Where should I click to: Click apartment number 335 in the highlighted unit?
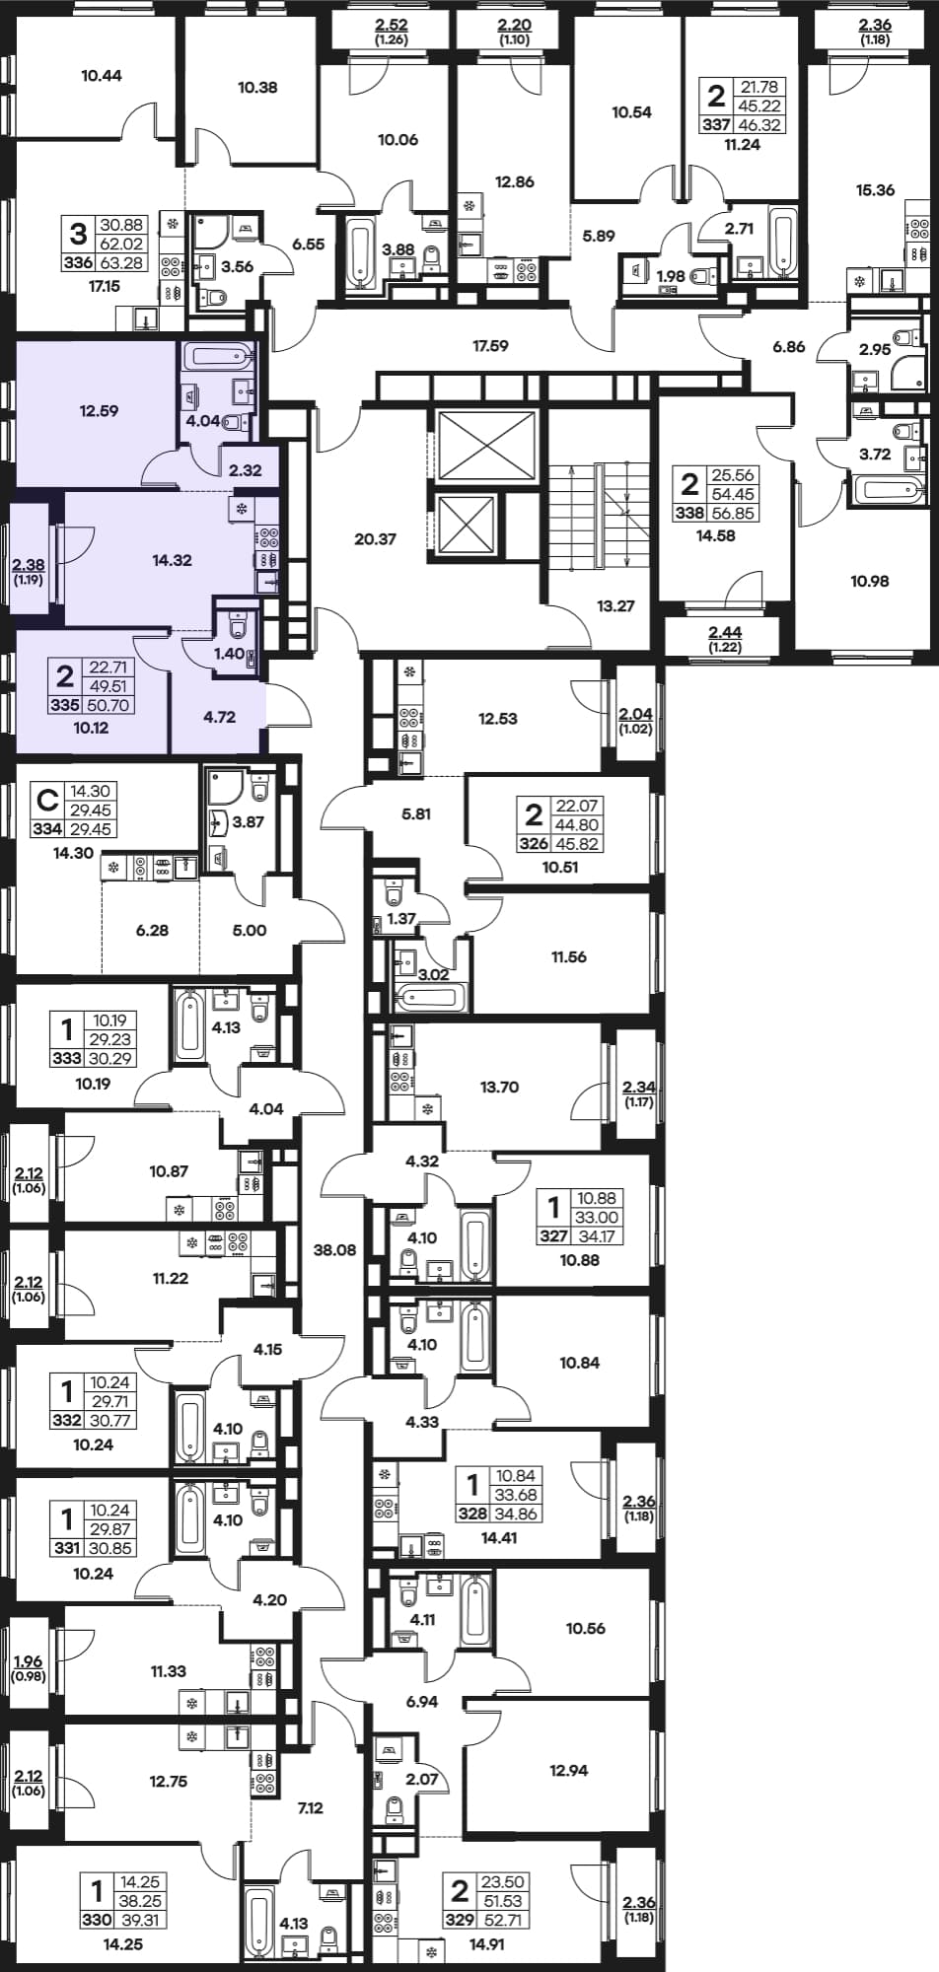click(65, 705)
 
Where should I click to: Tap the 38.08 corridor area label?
click(334, 1250)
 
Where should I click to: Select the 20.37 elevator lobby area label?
click(375, 539)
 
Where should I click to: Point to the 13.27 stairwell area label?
click(615, 606)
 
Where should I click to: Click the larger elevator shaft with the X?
click(485, 447)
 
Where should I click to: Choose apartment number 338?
click(689, 513)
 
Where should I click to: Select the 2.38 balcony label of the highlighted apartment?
click(29, 566)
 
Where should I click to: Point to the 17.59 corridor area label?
click(490, 346)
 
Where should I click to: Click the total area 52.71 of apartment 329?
click(504, 1920)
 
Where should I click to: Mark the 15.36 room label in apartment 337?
click(875, 190)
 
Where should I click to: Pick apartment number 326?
click(534, 844)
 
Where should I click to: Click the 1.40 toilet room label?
click(229, 654)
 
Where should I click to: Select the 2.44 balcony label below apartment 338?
click(726, 632)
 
